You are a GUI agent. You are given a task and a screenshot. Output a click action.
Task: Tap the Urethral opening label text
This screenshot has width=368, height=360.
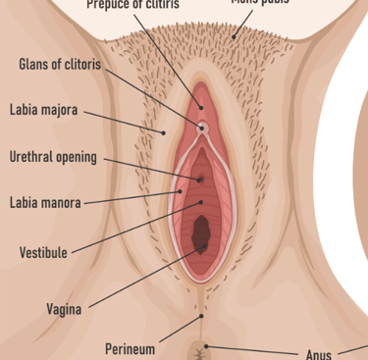(53, 157)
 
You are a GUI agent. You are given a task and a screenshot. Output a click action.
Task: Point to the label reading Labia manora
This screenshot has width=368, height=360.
(45, 204)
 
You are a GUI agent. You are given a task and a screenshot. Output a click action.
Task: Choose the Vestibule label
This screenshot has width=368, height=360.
(44, 252)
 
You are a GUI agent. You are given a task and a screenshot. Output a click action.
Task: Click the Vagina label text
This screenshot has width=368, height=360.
(65, 310)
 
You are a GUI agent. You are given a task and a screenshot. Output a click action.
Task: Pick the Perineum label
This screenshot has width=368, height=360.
(130, 349)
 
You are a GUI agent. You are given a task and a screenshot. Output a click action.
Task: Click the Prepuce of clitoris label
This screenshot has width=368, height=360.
(132, 4)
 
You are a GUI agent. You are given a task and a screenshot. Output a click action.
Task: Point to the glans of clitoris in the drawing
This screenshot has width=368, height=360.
(203, 128)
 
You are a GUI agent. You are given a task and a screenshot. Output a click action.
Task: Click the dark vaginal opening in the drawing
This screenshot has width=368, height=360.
(203, 233)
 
